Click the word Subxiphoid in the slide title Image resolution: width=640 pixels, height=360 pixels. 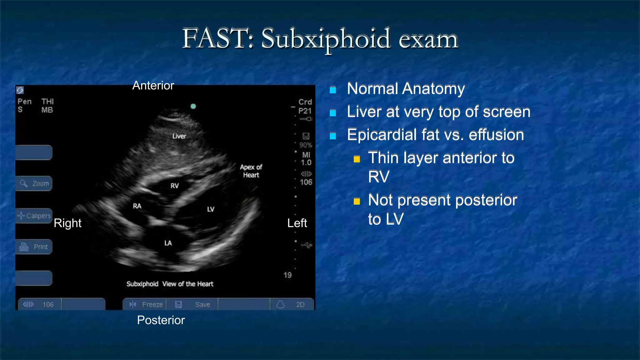point(326,39)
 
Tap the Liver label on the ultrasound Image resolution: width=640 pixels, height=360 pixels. point(179,136)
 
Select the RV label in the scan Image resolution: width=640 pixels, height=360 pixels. point(175,186)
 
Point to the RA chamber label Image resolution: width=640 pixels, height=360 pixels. point(137,206)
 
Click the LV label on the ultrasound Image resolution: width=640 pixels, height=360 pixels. point(211,209)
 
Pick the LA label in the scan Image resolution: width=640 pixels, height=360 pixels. point(168,243)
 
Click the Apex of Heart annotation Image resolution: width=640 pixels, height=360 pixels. point(251,171)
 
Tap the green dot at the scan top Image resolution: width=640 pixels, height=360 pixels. point(193,106)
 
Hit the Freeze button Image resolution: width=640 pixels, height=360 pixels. point(146,304)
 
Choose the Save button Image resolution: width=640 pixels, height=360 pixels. point(192,304)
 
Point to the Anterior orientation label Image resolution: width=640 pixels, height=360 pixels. point(153,85)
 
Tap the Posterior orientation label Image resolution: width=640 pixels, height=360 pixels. point(161,320)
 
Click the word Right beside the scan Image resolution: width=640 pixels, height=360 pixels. point(67,223)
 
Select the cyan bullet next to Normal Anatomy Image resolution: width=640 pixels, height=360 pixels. point(333,90)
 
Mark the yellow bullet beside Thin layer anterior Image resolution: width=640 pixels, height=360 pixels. point(357,159)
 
